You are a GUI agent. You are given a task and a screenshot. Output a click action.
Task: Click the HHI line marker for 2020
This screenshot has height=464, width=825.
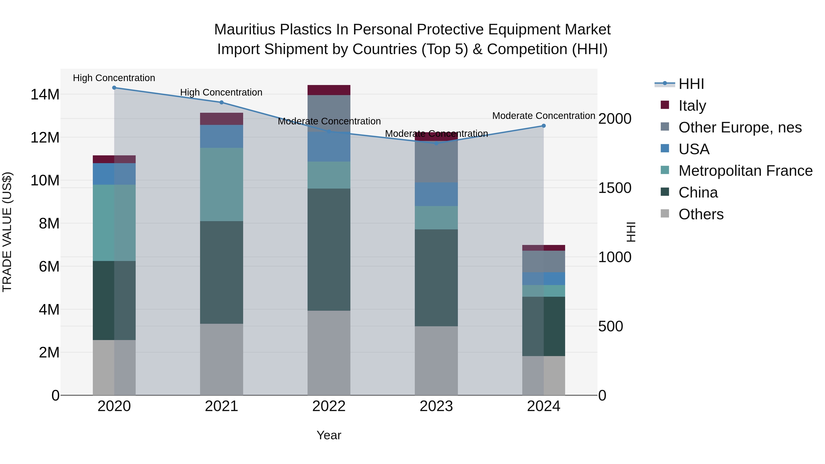tap(114, 88)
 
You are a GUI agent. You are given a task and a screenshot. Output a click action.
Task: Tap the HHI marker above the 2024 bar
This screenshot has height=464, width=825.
tap(544, 126)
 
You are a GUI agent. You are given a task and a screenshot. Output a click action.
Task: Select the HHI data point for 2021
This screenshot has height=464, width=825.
tap(221, 102)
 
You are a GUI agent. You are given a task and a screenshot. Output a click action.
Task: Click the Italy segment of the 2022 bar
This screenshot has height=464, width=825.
tap(329, 90)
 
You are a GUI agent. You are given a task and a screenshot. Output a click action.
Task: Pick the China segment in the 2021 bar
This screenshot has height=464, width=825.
tap(221, 272)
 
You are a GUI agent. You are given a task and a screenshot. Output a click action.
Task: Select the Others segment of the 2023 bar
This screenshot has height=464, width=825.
tap(436, 361)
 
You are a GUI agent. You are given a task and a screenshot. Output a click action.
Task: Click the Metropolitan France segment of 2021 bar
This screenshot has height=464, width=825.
tap(221, 184)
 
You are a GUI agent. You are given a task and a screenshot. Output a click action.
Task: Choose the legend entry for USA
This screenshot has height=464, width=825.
tap(694, 149)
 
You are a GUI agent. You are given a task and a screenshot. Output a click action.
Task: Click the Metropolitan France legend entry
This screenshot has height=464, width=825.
tap(745, 171)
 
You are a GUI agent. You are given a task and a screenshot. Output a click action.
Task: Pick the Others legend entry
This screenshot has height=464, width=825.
tap(701, 214)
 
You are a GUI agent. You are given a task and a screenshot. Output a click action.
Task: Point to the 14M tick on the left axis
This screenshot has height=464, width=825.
tap(45, 94)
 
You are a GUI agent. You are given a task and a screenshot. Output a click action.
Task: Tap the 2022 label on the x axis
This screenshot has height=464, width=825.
tap(329, 406)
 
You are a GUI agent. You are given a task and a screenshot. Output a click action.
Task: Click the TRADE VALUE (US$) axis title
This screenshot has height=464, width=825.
tap(7, 232)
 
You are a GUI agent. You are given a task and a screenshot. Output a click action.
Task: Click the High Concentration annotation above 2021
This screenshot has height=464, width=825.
tap(221, 92)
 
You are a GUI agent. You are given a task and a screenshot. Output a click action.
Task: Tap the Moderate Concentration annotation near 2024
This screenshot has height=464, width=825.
tap(544, 116)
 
